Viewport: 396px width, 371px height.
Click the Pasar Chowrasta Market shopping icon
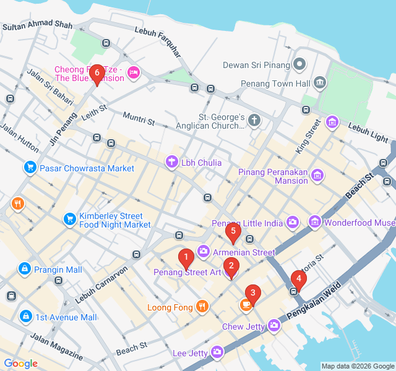[30, 168]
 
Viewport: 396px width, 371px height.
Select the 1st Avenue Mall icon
[25, 317]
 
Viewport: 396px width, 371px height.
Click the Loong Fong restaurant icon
[202, 305]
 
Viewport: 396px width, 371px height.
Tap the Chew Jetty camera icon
[275, 325]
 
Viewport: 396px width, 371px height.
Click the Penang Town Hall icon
[319, 82]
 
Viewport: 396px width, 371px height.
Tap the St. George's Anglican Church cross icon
[254, 121]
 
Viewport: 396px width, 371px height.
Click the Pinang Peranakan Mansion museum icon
[318, 176]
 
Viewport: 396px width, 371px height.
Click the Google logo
[20, 364]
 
